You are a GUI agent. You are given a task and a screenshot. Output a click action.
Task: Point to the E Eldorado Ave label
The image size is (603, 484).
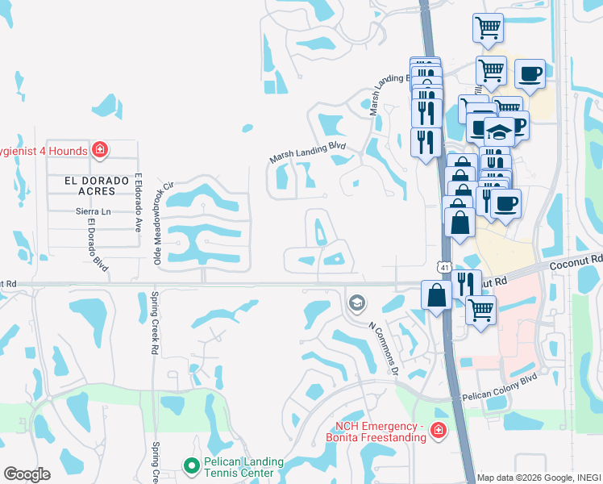139,202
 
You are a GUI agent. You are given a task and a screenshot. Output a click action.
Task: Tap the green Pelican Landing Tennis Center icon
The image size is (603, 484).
191,465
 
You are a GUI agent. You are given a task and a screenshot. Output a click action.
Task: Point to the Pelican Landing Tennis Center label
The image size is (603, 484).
242,467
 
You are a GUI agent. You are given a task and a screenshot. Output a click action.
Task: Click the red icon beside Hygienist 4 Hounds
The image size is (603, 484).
99,149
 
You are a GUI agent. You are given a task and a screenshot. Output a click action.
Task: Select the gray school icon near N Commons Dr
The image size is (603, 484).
356,303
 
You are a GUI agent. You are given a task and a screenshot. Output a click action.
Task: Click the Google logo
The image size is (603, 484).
27,474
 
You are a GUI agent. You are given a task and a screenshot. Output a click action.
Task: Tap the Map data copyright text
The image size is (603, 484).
539,478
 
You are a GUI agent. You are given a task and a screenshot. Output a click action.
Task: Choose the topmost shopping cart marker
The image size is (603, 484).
488,28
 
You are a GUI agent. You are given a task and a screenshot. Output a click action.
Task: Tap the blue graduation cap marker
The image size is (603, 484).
499,132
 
